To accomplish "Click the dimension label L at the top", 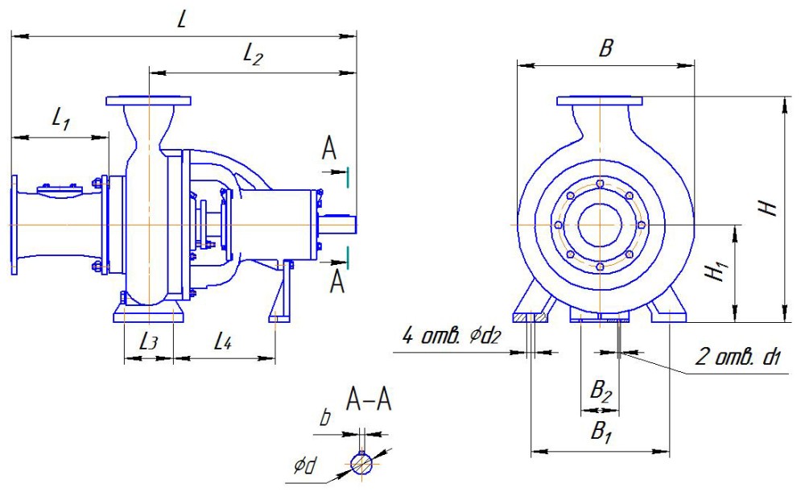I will pyautogui.click(x=183, y=22).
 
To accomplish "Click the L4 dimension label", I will pyautogui.click(x=223, y=341).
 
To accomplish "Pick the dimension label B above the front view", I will pyautogui.click(x=605, y=48).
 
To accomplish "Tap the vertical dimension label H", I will pyautogui.click(x=770, y=208).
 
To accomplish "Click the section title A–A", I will pyautogui.click(x=369, y=399).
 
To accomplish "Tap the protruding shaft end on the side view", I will pyautogui.click(x=338, y=224).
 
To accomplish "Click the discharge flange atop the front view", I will pyautogui.click(x=600, y=101).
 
